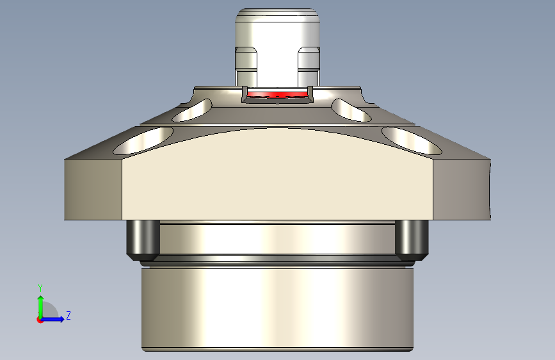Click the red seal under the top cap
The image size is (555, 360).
pos(277,95)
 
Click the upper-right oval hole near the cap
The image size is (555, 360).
pos(351,110)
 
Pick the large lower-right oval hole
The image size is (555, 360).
pos(412,141)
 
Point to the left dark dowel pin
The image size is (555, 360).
pos(143,238)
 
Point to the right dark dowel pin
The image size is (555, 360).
pos(412,238)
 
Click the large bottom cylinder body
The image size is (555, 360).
pos(277,307)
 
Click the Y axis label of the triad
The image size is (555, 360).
pos(40,288)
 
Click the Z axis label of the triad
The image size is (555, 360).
pos(68,316)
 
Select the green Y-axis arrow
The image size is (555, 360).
pos(40,304)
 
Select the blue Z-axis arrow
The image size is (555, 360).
pos(54,319)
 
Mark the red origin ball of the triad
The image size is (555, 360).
pos(40,320)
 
